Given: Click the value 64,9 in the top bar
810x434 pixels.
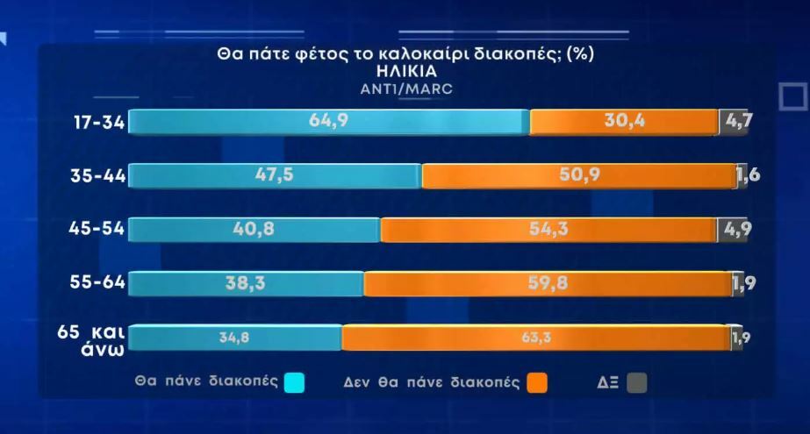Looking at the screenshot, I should [x=329, y=121].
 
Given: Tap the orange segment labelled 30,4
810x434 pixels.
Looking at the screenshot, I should [x=626, y=121].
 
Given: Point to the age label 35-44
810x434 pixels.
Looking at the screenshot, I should [x=98, y=176].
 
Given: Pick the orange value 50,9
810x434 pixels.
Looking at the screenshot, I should [x=579, y=175].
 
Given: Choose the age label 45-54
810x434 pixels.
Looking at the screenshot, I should [x=98, y=230].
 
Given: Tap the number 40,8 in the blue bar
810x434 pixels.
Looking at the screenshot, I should [x=254, y=230].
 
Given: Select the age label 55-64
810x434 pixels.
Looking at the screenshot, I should [x=98, y=282].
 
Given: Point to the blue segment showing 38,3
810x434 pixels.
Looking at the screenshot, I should [x=246, y=283].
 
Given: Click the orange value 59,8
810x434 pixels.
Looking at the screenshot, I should [x=548, y=283].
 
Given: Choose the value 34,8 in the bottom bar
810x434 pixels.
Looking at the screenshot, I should [x=234, y=337].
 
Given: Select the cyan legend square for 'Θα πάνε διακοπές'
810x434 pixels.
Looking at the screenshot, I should [x=295, y=382].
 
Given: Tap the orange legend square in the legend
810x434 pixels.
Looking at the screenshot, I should [x=537, y=382].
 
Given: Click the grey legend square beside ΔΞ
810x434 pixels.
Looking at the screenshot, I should [x=637, y=382].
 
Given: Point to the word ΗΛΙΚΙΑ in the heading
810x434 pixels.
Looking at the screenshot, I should [x=405, y=71].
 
